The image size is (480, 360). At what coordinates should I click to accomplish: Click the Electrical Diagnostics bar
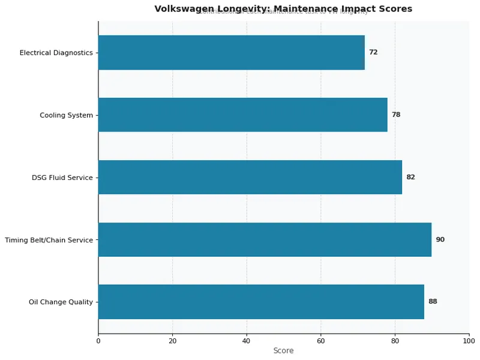[x=231, y=52]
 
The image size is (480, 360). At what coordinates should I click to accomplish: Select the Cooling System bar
[x=242, y=115]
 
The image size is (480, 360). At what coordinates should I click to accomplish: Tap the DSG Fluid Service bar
[x=250, y=177]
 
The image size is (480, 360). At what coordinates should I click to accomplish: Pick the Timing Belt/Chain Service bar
[x=265, y=239]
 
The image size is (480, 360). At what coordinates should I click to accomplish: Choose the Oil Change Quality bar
[x=261, y=302]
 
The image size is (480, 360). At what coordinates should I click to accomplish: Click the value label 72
[x=373, y=52]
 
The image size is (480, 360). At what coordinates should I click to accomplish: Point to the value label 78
[x=396, y=115]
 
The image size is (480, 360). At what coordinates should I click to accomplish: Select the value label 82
[x=410, y=177]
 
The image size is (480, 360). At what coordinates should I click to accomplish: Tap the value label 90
[x=440, y=239]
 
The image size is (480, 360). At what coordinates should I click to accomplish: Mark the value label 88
[x=433, y=302]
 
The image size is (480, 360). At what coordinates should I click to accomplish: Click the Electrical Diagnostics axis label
[x=56, y=53]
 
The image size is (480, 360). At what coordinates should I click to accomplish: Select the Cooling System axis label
[x=67, y=115]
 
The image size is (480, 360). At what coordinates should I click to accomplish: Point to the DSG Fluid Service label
[x=62, y=178]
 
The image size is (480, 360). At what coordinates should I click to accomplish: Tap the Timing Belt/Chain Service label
[x=49, y=240]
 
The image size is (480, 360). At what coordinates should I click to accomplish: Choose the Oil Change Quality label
[x=61, y=302]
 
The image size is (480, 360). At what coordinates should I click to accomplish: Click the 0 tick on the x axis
[x=98, y=341]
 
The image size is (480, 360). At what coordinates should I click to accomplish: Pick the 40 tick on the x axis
[x=247, y=341]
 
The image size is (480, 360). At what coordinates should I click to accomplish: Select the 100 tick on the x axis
[x=469, y=341]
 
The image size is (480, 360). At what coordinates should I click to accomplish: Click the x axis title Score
[x=283, y=351]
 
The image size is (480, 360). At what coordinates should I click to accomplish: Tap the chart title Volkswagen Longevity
[x=283, y=9]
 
